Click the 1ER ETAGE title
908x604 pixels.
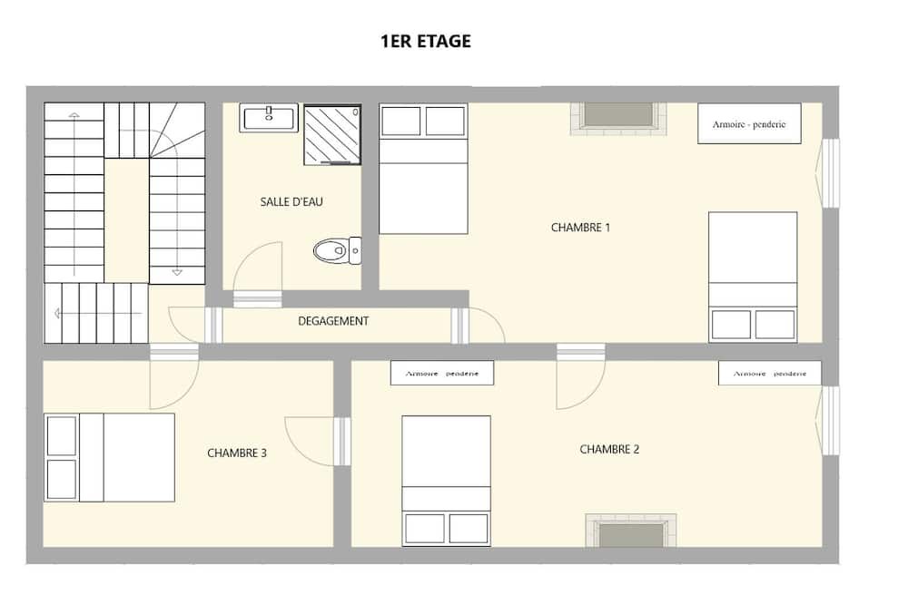[x=426, y=42]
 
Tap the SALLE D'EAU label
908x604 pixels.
[x=291, y=202]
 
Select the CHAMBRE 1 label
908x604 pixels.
[x=580, y=228]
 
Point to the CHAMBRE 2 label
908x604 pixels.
[x=609, y=450]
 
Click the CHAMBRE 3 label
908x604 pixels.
[x=237, y=453]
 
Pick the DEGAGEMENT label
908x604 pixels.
[x=333, y=321]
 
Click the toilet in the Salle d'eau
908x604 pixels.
[x=338, y=250]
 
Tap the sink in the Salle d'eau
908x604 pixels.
[x=269, y=118]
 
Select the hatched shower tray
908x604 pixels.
[x=332, y=135]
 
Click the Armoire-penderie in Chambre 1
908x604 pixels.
[x=749, y=123]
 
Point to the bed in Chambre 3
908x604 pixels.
[x=110, y=457]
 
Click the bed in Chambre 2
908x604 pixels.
[x=447, y=481]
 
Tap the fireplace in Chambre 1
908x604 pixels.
[x=618, y=119]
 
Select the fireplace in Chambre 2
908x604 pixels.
[x=631, y=531]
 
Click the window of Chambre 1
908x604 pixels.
[x=831, y=172]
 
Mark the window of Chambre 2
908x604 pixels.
[x=831, y=421]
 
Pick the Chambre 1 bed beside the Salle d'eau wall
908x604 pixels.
[x=423, y=169]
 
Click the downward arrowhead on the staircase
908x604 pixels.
[x=177, y=272]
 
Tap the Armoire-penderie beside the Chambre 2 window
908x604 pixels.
[x=770, y=373]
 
